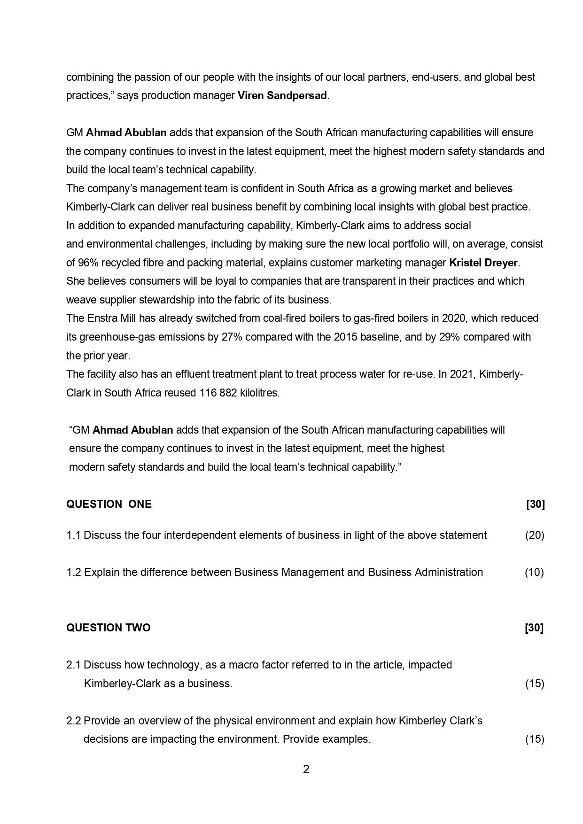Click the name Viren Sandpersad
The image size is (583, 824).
(282, 96)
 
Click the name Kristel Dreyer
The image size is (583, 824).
(483, 263)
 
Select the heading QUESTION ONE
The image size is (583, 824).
(109, 505)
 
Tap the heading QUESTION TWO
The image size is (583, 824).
(109, 628)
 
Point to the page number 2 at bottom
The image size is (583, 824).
(306, 770)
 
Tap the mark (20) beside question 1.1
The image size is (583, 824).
(535, 536)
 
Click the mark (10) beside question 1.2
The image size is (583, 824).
(534, 573)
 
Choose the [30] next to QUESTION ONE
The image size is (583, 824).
(535, 505)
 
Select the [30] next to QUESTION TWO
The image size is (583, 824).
(534, 628)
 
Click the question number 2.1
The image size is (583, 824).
(73, 665)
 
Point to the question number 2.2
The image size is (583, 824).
(73, 721)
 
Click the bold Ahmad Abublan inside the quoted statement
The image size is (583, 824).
(133, 430)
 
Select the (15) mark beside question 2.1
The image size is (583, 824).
(535, 684)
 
